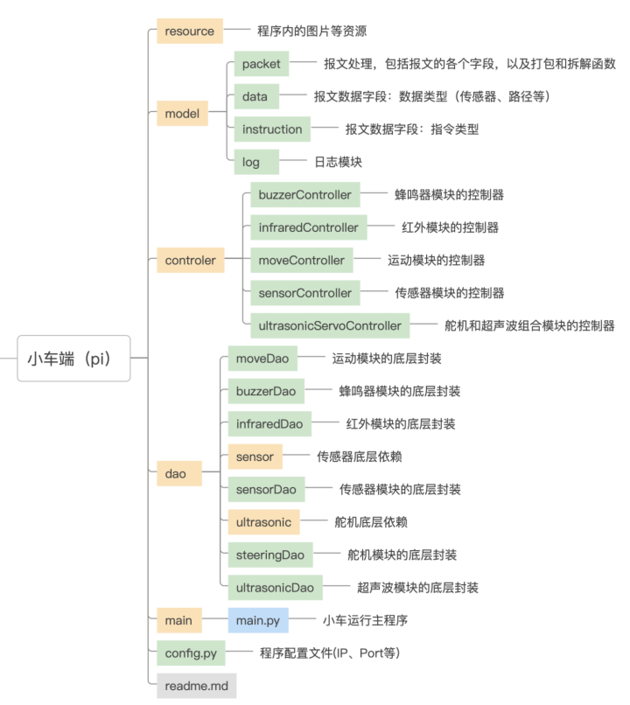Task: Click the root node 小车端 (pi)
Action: pos(73,359)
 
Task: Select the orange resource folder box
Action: pos(189,31)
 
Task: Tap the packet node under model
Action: pos(261,64)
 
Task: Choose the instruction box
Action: pos(272,129)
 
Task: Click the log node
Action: pos(256,162)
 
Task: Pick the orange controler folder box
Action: pos(190,260)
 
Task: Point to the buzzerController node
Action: pos(305,195)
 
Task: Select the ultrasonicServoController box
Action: pos(330,325)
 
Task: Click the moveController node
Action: pos(301,260)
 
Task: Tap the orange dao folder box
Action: pos(179,473)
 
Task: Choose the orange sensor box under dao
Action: pos(255,457)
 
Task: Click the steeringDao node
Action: pos(270,555)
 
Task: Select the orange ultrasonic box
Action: pos(264,522)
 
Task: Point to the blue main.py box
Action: pos(258,620)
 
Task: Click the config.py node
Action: pos(191,653)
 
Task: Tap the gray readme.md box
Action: pos(196,685)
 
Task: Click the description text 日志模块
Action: pos(338,162)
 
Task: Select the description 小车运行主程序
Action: pos(365,620)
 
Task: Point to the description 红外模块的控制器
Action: pos(450,227)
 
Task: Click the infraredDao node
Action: pos(269,424)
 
